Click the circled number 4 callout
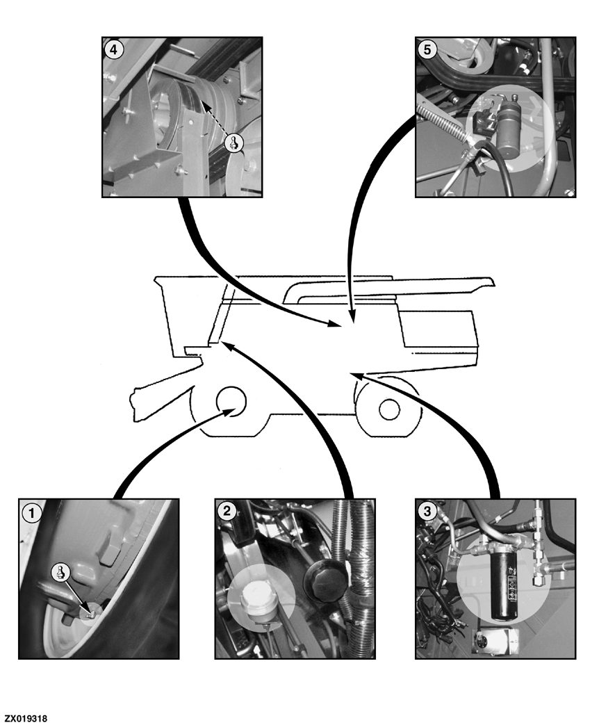point(114,49)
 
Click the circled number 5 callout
point(427,49)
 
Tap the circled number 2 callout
point(227,511)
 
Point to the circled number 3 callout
point(427,511)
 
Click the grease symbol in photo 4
point(234,142)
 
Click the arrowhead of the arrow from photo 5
point(352,316)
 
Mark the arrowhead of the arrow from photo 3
point(356,375)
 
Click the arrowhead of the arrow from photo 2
point(227,345)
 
